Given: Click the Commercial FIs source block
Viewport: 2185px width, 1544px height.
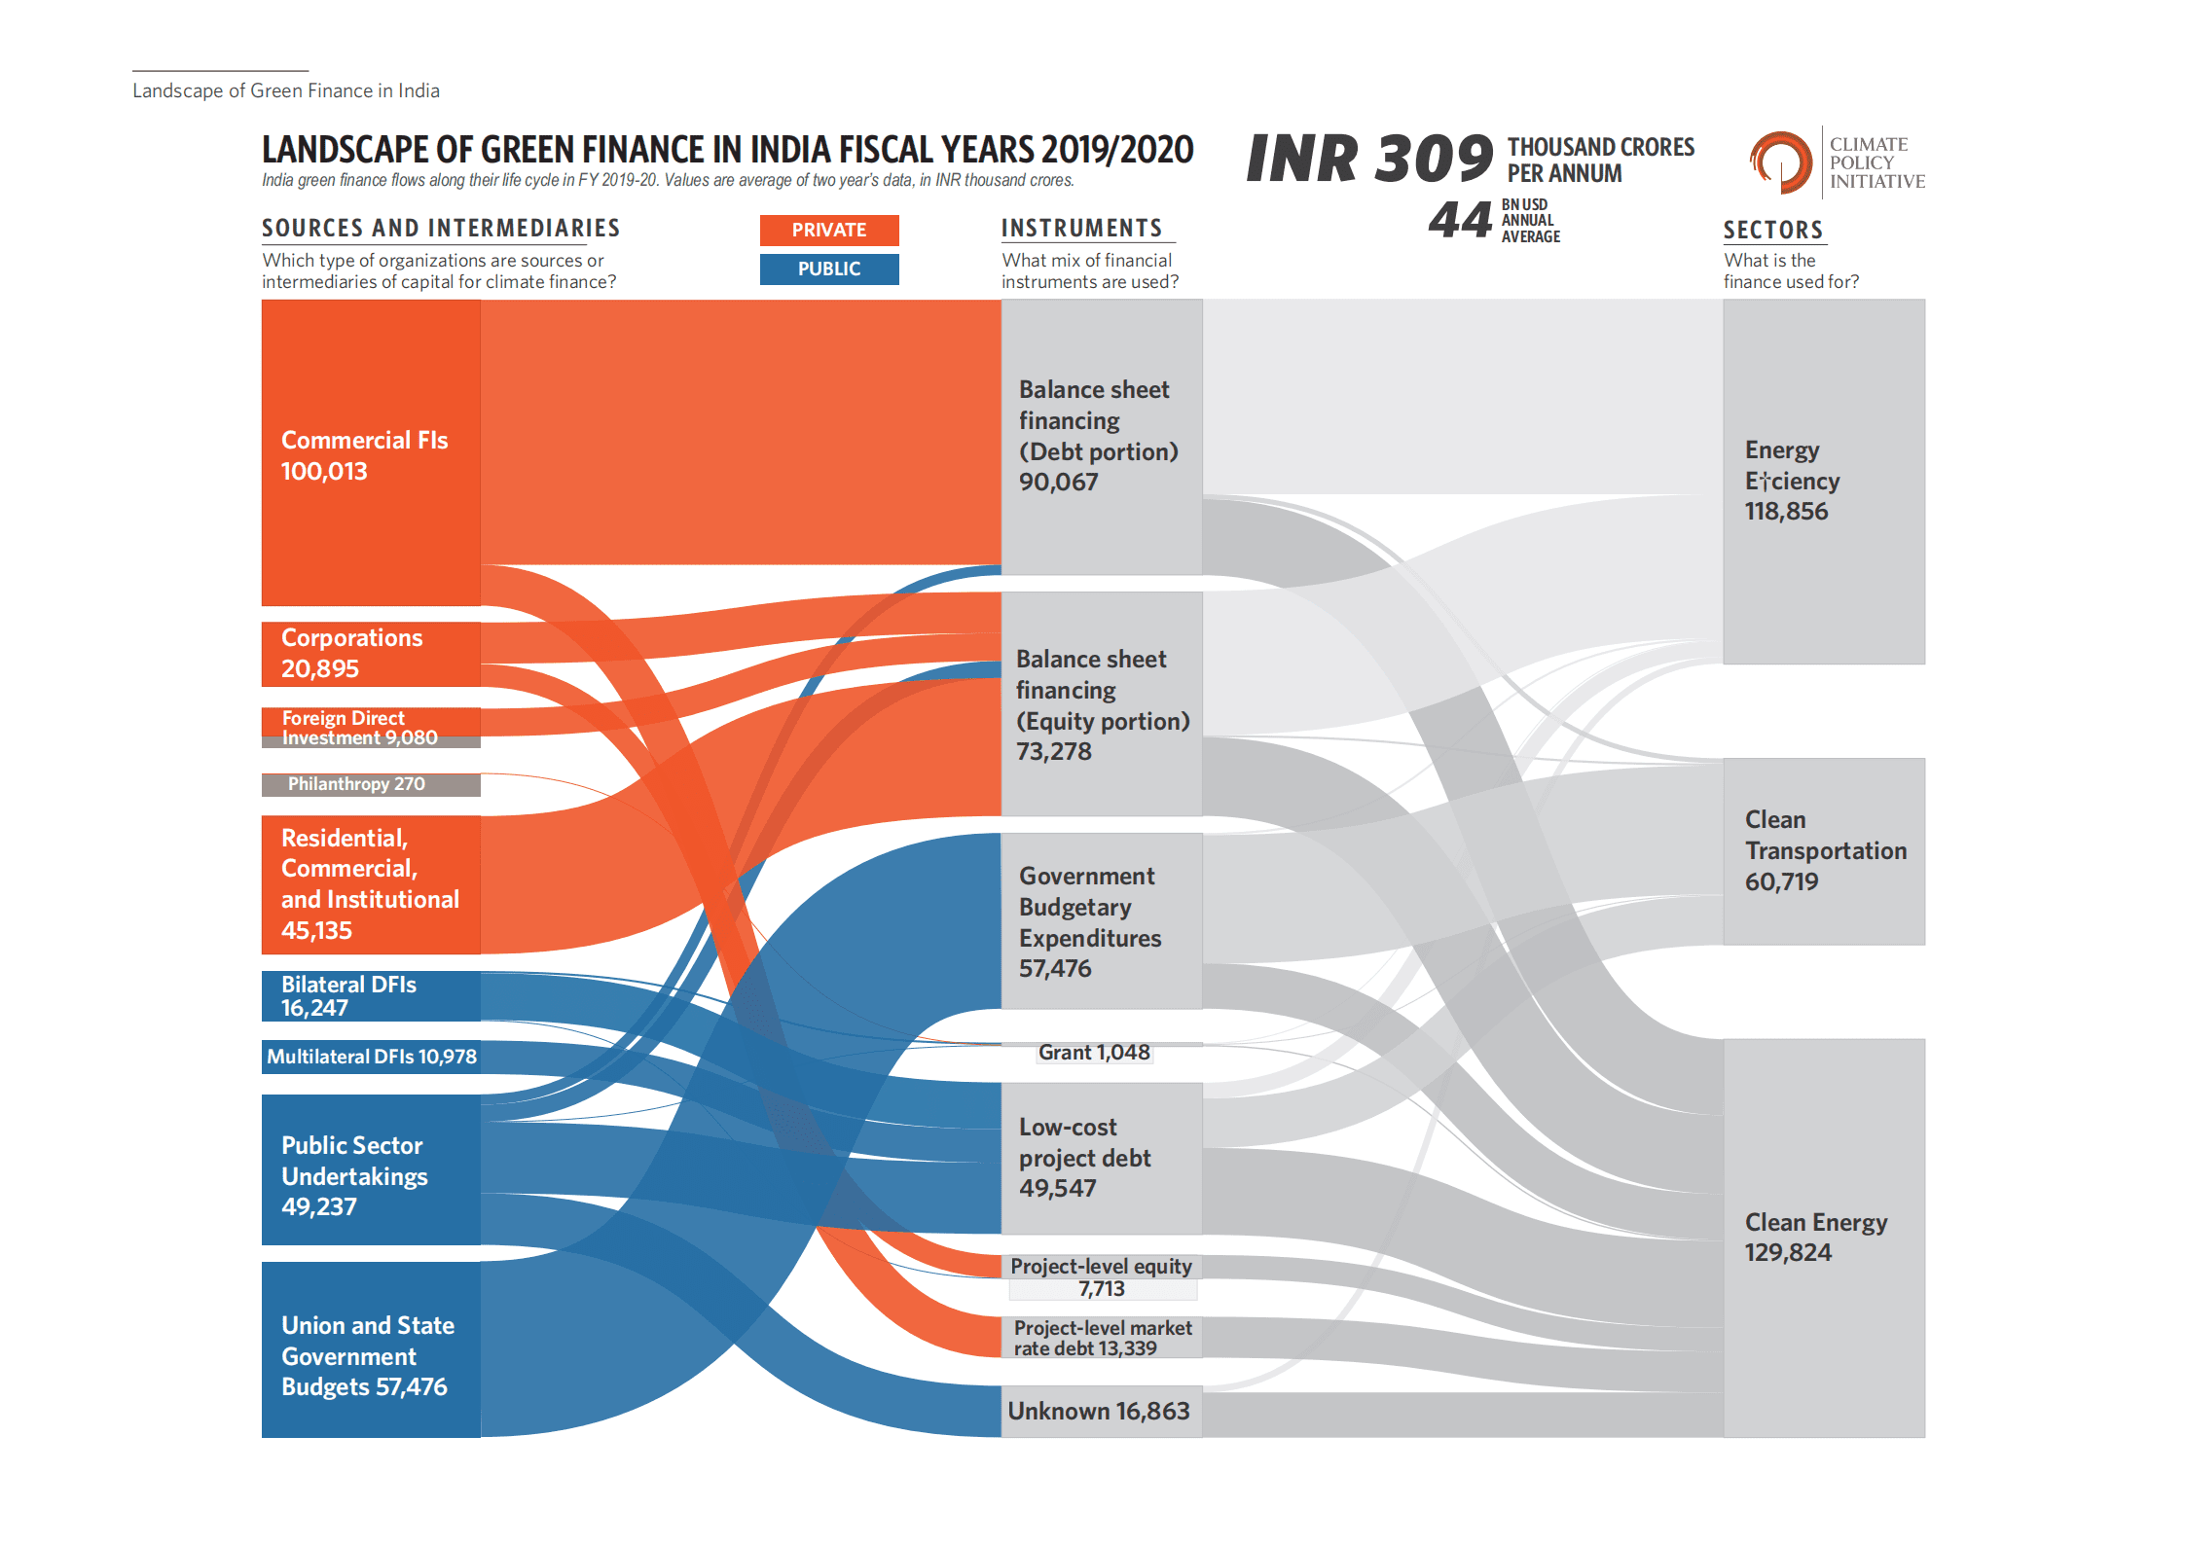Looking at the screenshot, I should click(370, 452).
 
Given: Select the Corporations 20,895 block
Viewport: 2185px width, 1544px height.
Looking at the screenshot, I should click(370, 654).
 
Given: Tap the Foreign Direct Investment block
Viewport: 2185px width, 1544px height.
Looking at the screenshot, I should click(370, 727).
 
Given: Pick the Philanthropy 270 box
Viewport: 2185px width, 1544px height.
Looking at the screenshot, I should click(370, 784).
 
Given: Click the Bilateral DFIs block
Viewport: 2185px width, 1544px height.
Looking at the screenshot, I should click(370, 996).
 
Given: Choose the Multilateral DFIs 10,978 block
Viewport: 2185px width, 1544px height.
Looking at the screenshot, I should click(370, 1057).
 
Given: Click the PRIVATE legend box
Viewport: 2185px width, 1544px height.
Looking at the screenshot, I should click(828, 231).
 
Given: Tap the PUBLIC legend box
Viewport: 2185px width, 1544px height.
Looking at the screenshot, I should click(828, 269).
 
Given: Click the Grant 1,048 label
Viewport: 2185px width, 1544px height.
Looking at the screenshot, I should click(1094, 1053).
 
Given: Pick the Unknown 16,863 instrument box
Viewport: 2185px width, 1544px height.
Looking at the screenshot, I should click(1100, 1412).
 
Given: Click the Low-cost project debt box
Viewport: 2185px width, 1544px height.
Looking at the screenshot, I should click(1100, 1158).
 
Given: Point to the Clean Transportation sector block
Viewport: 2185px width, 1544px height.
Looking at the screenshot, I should click(1823, 851).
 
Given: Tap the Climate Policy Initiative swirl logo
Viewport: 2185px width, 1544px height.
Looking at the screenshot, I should click(1780, 162).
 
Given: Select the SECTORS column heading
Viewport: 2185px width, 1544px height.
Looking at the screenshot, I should click(1772, 231).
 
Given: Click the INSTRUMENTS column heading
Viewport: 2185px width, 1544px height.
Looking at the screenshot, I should click(1081, 229).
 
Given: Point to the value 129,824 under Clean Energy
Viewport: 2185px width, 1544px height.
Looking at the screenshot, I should click(1788, 1253).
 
